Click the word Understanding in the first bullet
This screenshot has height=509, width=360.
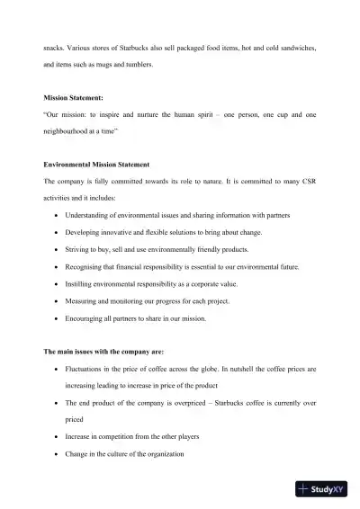click(x=94, y=216)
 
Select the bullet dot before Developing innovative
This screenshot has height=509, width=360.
click(x=58, y=233)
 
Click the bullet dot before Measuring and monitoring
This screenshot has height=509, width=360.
click(x=58, y=301)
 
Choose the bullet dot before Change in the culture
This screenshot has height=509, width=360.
click(x=58, y=454)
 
